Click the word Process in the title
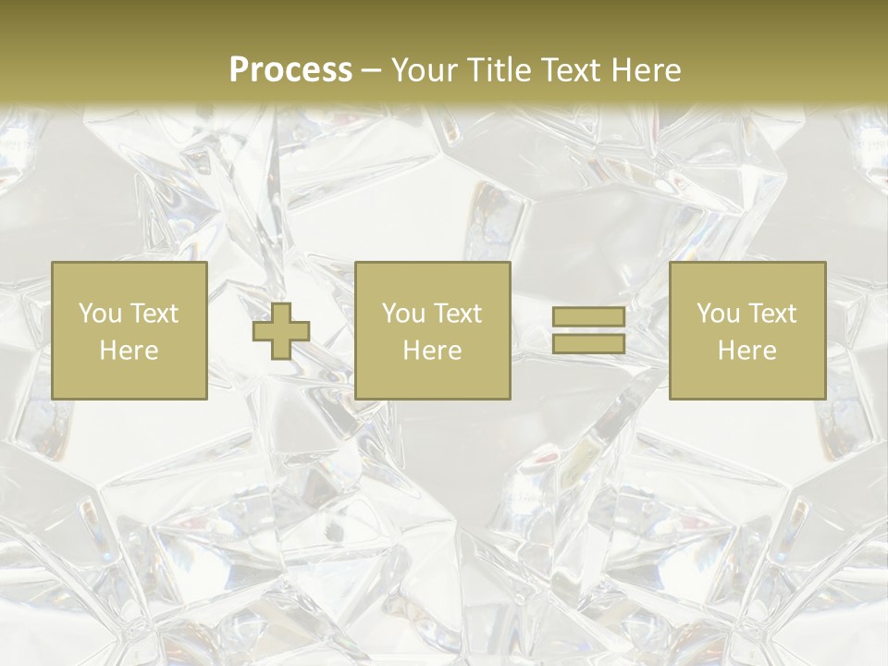[290, 70]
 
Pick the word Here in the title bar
[647, 70]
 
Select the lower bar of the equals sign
[588, 344]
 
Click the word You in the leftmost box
[100, 314]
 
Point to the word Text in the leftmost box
[154, 314]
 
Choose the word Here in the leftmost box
[129, 351]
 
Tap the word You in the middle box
[403, 314]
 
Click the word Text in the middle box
[457, 314]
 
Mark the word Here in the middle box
[432, 351]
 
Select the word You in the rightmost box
[718, 314]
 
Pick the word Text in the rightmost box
[771, 314]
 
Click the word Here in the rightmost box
[746, 351]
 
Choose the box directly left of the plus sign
[129, 379]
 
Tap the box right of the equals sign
[746, 379]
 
